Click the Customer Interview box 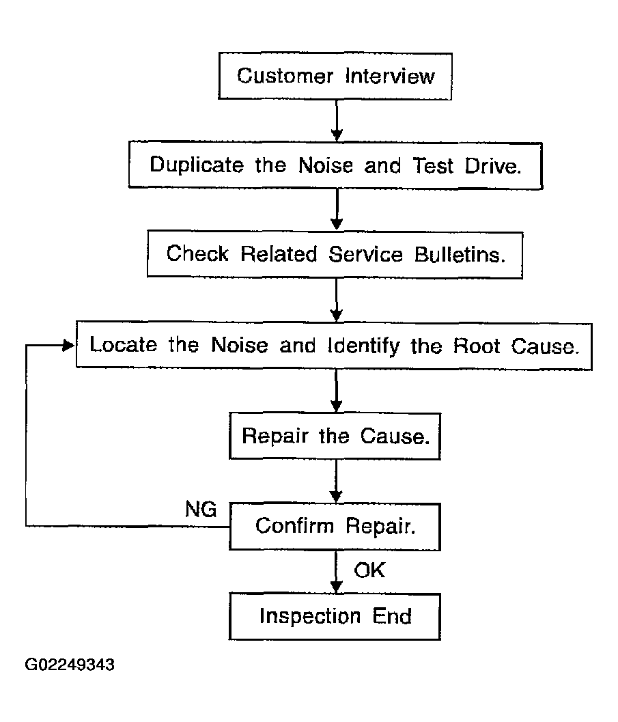pos(335,76)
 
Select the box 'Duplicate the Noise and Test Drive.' pos(335,165)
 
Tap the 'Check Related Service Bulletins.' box pos(335,255)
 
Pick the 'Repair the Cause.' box pos(335,436)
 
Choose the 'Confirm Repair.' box pos(335,527)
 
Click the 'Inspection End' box pos(335,617)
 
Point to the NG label pos(201,510)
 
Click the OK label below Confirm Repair pos(369,570)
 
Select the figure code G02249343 pos(70,665)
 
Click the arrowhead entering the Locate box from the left pos(69,346)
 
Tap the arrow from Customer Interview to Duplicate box pos(337,121)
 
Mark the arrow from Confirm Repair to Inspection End pos(337,572)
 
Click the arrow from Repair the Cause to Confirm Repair pos(337,481)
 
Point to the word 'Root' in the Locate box pos(476,346)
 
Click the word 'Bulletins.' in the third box pos(460,255)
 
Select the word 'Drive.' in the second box pos(493,166)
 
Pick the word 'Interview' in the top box pos(390,77)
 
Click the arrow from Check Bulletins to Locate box pos(337,301)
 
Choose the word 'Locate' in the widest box pos(124,344)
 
